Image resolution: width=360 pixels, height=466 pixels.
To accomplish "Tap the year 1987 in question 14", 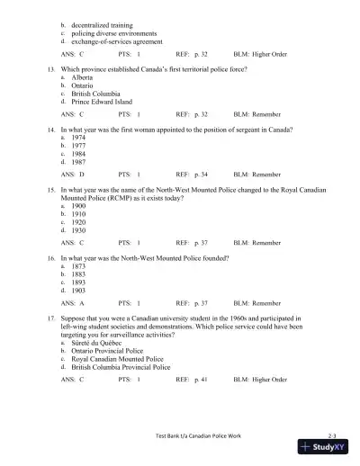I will tap(80, 162).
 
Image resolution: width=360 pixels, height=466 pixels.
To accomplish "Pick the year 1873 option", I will tap(80, 266).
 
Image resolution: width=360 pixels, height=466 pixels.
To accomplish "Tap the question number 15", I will tap(52, 191).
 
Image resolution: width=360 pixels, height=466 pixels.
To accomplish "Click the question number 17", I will tap(52, 318).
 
